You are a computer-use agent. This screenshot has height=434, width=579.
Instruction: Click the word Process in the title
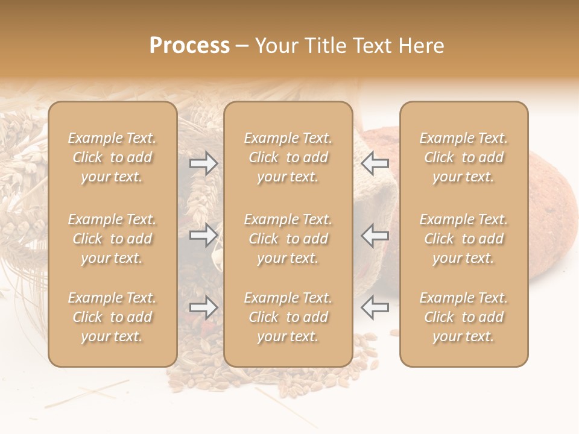tap(189, 46)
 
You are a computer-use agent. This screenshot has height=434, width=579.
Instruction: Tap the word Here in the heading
tap(422, 46)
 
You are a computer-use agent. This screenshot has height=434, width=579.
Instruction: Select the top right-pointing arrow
tap(203, 163)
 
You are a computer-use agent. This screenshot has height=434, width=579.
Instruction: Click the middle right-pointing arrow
tap(203, 235)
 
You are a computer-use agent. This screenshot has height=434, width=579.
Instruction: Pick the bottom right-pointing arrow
tap(203, 307)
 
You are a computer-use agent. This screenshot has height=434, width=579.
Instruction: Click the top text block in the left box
tap(112, 157)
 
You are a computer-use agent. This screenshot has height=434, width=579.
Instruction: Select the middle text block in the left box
tap(112, 239)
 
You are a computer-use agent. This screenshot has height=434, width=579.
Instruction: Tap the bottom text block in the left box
tap(112, 317)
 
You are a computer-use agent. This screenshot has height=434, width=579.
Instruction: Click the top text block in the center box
tap(288, 157)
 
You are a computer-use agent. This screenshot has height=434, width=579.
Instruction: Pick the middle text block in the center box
tap(288, 239)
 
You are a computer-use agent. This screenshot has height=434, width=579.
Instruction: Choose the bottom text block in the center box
tap(288, 317)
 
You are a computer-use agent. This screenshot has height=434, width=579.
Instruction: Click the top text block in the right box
tap(463, 157)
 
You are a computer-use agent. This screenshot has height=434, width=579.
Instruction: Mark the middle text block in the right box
tap(463, 239)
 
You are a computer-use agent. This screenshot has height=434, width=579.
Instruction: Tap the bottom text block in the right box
tap(463, 317)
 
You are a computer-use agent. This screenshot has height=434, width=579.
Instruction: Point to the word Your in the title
tap(276, 46)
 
